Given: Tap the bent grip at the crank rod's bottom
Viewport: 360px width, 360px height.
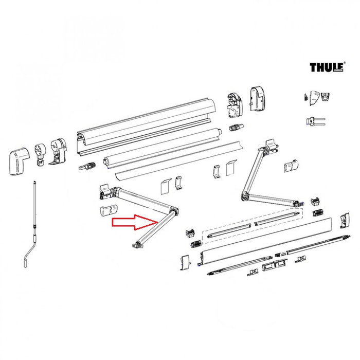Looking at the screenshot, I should [27, 257].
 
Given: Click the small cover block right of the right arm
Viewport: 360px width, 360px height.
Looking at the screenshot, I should [291, 166].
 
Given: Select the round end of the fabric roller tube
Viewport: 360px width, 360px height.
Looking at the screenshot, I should [107, 161].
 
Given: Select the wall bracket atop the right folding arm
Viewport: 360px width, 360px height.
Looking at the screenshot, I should [271, 147].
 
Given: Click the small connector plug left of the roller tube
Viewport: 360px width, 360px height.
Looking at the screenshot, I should [86, 167].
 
